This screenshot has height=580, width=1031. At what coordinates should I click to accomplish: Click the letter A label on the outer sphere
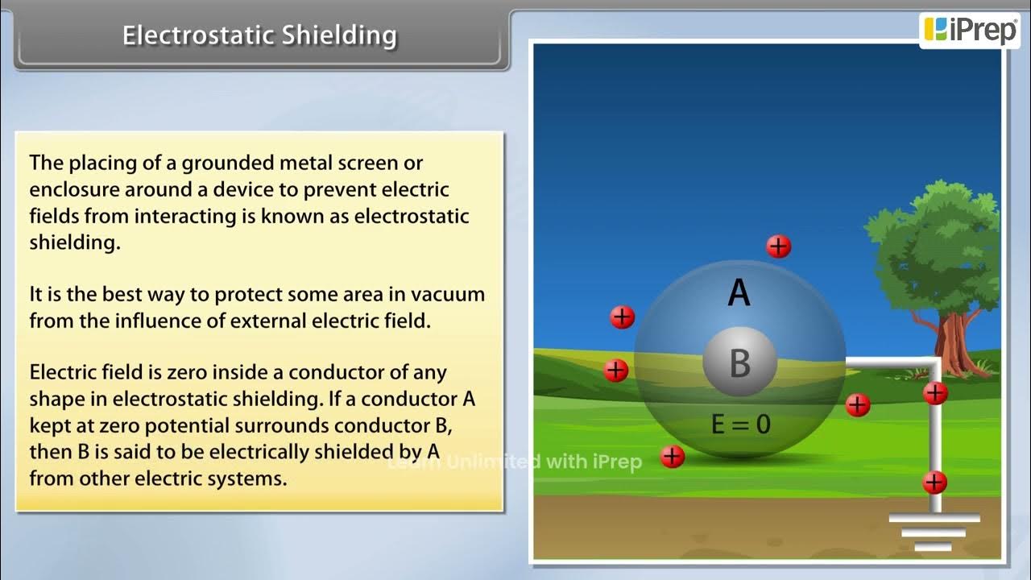(x=739, y=294)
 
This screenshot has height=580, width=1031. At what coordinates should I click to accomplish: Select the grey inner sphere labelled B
(x=739, y=362)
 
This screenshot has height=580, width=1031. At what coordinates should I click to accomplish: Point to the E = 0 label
(x=740, y=424)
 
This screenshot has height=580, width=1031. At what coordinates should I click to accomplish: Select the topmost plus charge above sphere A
(x=778, y=246)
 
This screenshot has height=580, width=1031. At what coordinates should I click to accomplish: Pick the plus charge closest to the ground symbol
(x=934, y=483)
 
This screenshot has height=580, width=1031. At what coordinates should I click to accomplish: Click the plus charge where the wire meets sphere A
(x=858, y=404)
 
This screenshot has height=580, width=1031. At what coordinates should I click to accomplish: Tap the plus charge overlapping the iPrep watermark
(x=672, y=457)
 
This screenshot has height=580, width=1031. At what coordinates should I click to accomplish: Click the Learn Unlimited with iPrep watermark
(x=515, y=462)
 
